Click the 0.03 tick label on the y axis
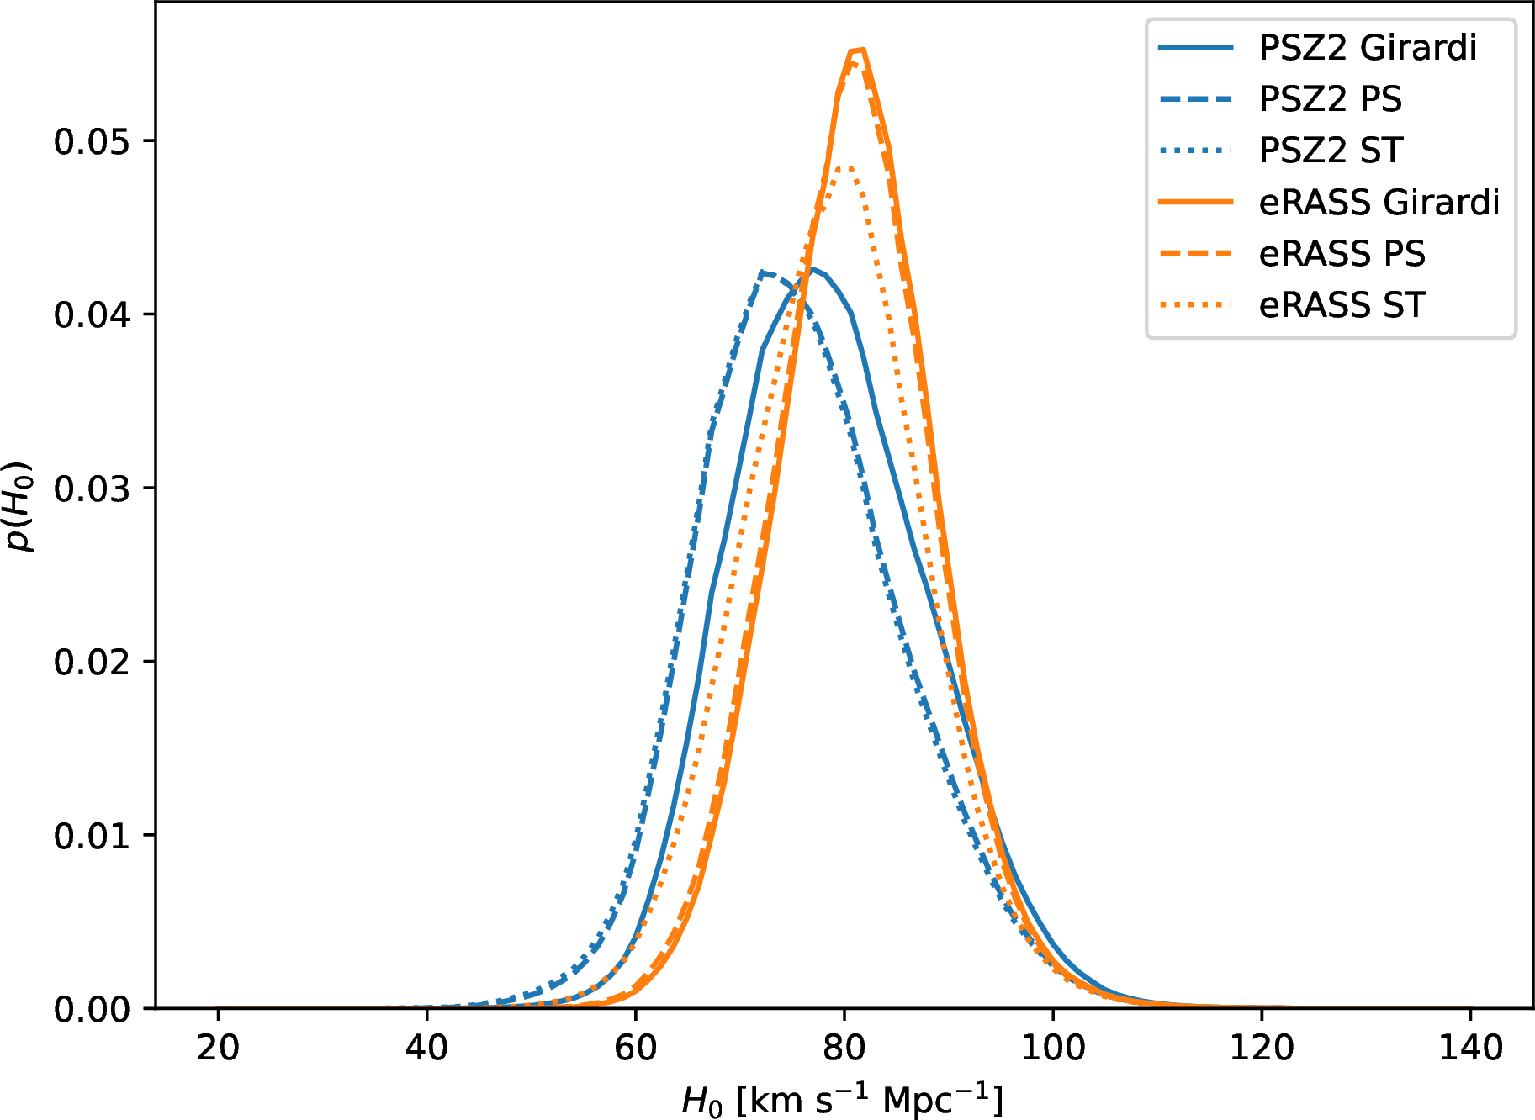pos(92,489)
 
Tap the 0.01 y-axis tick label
pos(92,836)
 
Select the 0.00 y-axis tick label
pos(92,1009)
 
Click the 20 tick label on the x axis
pos(218,1049)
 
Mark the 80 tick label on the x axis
pos(844,1049)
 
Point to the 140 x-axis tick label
pos(1470,1049)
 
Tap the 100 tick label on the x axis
pos(1052,1049)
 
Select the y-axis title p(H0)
pos(20,506)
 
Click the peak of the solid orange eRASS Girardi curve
pos(858,50)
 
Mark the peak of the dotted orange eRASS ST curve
pos(845,166)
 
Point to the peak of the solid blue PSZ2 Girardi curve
pos(812,269)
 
